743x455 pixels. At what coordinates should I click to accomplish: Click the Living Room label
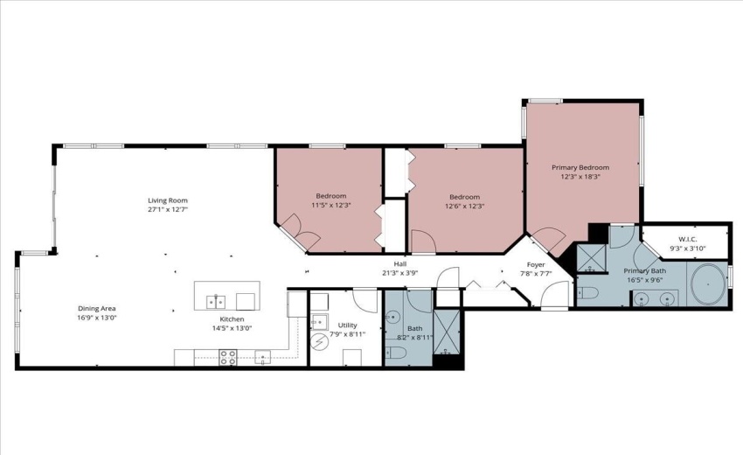pyautogui.click(x=168, y=200)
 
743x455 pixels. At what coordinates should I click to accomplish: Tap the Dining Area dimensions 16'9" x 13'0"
pyautogui.click(x=96, y=318)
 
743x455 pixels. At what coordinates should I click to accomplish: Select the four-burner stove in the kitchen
pyautogui.click(x=227, y=357)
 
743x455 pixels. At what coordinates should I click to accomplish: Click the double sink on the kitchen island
pyautogui.click(x=216, y=302)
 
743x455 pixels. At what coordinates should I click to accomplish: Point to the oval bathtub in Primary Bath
pyautogui.click(x=708, y=285)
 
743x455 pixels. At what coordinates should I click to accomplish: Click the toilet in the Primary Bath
pyautogui.click(x=587, y=292)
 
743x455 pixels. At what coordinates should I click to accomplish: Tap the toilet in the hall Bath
pyautogui.click(x=394, y=353)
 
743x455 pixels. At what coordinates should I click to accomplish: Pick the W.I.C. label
pyautogui.click(x=686, y=239)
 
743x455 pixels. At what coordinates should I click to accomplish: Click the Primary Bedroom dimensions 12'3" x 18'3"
pyautogui.click(x=580, y=177)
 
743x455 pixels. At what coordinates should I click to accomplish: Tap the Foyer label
pyautogui.click(x=536, y=264)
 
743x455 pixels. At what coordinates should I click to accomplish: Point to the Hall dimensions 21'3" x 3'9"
pyautogui.click(x=399, y=273)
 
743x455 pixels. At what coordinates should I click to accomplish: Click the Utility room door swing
pyautogui.click(x=365, y=299)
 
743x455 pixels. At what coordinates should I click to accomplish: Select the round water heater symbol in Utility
pyautogui.click(x=319, y=339)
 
